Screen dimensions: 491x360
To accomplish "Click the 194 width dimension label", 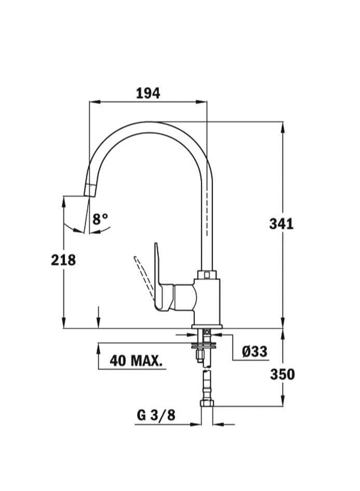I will tap(148, 93).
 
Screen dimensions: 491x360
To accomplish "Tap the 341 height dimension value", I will tap(281, 224).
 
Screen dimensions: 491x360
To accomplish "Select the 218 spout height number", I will tap(63, 260).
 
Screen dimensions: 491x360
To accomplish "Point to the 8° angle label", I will tap(100, 219).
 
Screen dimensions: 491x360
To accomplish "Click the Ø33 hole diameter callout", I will tap(255, 351).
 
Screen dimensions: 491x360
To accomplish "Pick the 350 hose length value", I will tap(282, 374).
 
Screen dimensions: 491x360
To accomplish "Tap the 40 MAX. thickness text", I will tap(136, 360).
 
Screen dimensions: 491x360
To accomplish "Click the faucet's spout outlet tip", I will tap(90, 191).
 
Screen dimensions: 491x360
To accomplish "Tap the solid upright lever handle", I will tap(157, 270).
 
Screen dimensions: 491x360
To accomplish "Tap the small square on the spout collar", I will tap(207, 274).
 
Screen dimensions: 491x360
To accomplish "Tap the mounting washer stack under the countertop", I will tap(207, 343).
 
